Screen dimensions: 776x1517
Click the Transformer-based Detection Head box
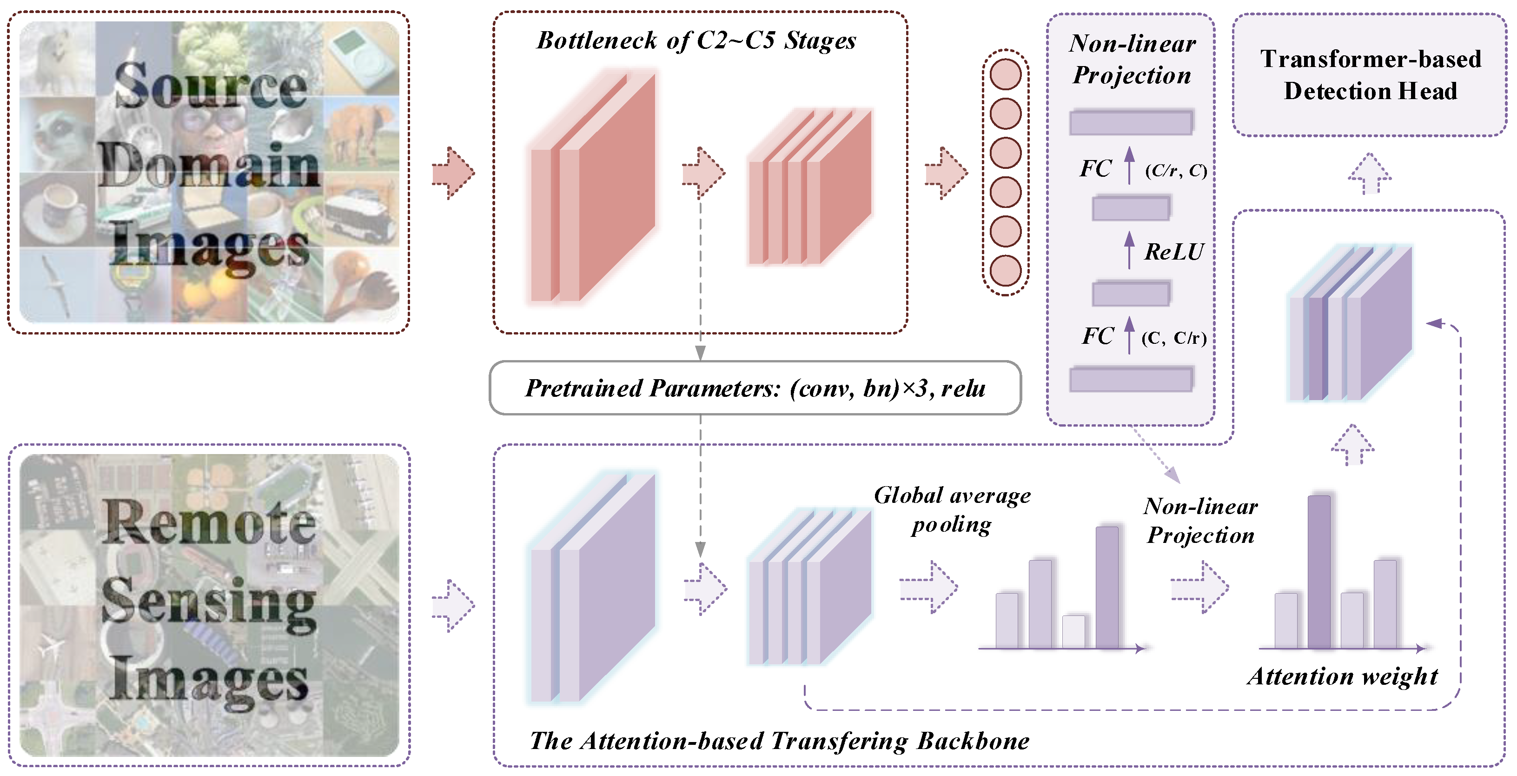[x=1370, y=75]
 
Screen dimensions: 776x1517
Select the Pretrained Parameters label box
[x=755, y=388]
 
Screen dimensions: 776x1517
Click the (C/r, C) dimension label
[x=1175, y=170]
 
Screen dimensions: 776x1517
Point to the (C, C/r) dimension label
[x=1174, y=338]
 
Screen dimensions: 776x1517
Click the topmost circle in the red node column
[x=1005, y=74]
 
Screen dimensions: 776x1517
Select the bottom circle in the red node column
[x=1005, y=271]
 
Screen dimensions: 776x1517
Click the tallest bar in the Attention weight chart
[x=1319, y=572]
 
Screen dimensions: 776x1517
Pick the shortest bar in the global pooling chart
[x=1073, y=632]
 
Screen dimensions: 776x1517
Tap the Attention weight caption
[x=1342, y=676]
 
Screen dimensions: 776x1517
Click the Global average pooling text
[x=952, y=509]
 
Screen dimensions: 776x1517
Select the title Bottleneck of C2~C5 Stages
[x=696, y=40]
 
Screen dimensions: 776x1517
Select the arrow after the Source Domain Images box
[x=452, y=173]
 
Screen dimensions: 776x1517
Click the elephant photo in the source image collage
[x=360, y=134]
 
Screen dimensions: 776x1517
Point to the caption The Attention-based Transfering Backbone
[x=779, y=741]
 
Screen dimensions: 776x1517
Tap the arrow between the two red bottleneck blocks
[x=703, y=173]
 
